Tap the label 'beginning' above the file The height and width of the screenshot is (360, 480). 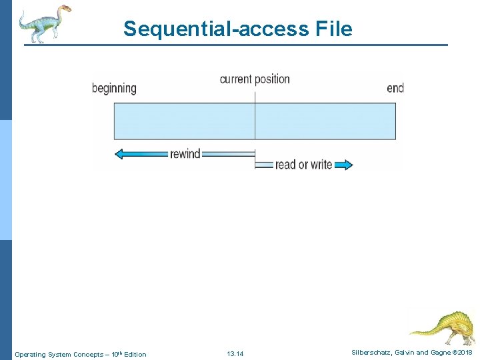point(114,88)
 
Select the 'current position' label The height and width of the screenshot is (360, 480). point(255,79)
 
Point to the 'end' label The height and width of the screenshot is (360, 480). point(395,88)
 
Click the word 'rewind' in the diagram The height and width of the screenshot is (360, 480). point(185,154)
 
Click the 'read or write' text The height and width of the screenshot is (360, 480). point(303,165)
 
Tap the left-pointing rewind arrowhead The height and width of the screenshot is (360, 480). point(121,154)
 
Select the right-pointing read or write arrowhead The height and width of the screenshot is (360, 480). point(346,165)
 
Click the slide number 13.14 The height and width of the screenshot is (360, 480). point(235,354)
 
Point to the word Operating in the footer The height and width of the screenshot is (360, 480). point(30,354)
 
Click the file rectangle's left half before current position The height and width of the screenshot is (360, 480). point(185,121)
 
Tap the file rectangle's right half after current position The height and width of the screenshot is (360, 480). point(325,121)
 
